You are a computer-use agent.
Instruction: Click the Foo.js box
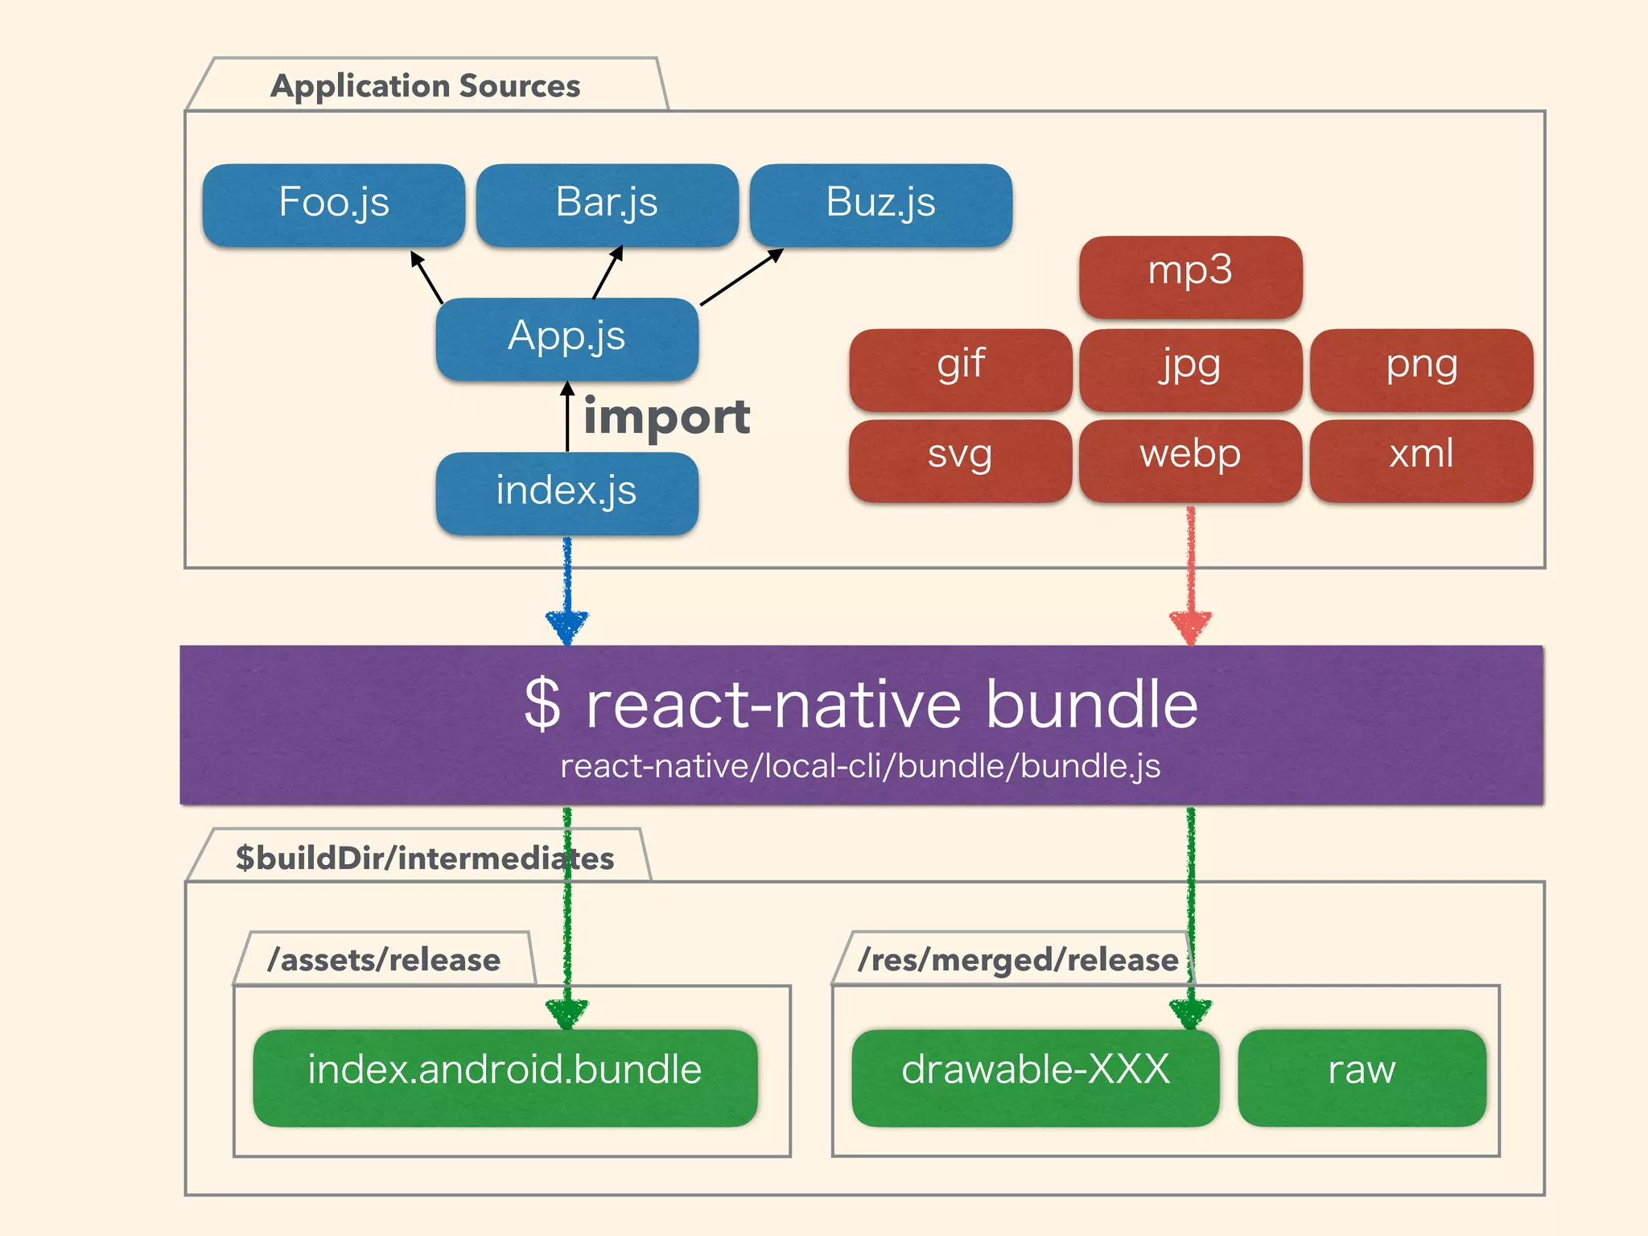click(x=333, y=204)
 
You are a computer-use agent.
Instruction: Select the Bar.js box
click(x=607, y=204)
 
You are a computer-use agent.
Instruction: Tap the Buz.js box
click(x=880, y=204)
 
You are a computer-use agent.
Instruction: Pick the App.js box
click(x=566, y=338)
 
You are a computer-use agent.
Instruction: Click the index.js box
click(x=566, y=492)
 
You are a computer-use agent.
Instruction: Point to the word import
click(x=666, y=418)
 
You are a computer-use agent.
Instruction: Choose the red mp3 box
click(x=1190, y=275)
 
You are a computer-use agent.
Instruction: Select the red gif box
click(x=960, y=369)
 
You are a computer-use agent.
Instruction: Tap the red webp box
click(x=1190, y=459)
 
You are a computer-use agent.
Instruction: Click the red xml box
click(x=1421, y=459)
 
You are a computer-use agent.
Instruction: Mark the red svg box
click(x=960, y=459)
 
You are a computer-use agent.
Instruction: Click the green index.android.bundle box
click(x=505, y=1076)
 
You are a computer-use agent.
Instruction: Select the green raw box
click(x=1362, y=1076)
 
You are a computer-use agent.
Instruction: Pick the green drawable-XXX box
click(x=1035, y=1076)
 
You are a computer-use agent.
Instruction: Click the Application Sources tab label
click(x=425, y=85)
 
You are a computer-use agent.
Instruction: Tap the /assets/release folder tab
click(x=384, y=959)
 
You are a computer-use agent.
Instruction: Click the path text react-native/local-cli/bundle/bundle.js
click(x=860, y=766)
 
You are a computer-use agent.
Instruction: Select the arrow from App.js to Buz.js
click(x=741, y=278)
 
